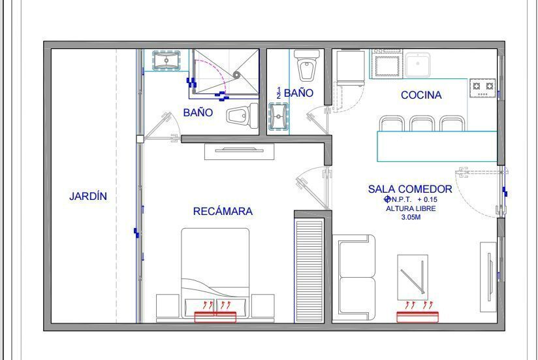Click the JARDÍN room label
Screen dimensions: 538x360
88,196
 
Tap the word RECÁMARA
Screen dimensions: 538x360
223,211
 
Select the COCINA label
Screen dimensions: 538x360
421,95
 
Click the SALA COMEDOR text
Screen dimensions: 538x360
410,189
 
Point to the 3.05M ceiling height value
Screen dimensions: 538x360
411,217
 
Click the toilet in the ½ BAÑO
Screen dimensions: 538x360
307,65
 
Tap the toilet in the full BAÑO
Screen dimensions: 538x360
242,116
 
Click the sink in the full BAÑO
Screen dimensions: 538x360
166,60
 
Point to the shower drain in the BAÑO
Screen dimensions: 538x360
237,75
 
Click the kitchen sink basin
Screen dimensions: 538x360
417,65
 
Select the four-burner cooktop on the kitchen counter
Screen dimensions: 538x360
483,88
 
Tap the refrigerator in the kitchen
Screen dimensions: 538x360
350,67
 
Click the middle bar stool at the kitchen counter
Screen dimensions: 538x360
422,123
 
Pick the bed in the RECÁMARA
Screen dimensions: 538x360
215,274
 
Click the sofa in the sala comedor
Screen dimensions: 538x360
353,277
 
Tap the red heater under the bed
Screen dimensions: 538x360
215,317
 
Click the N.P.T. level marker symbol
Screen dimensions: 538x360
387,199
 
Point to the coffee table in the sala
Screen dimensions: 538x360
413,277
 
